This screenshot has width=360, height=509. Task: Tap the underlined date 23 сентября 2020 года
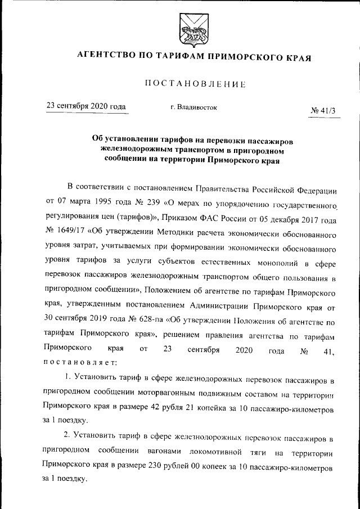[x=85, y=106]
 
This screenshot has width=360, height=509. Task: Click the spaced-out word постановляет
[x=79, y=362]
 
